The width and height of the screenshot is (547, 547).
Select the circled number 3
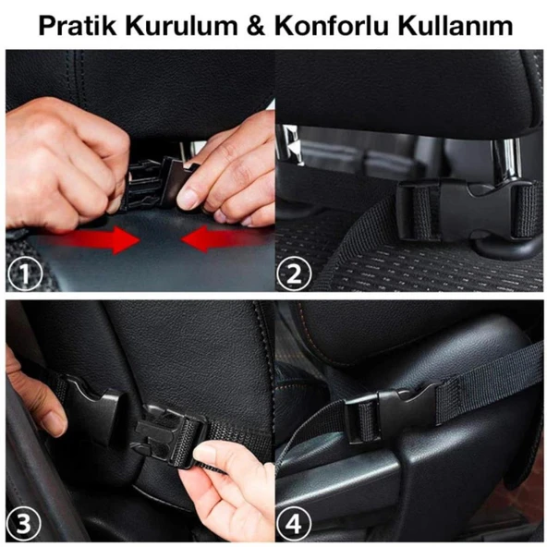point(26,524)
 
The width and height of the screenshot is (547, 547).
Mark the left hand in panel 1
point(65,162)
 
